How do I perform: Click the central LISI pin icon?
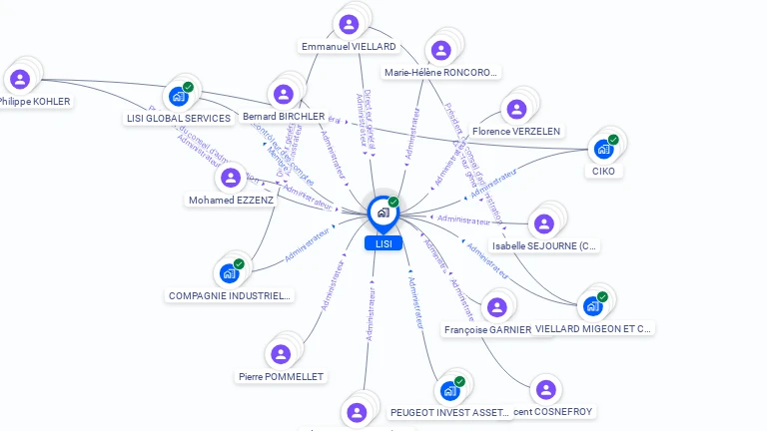pyautogui.click(x=383, y=213)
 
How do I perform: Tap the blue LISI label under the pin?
pyautogui.click(x=383, y=243)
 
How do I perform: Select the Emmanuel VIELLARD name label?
pyautogui.click(x=349, y=46)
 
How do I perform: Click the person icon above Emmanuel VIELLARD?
pyautogui.click(x=349, y=23)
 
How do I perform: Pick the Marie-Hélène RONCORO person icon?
pyautogui.click(x=439, y=49)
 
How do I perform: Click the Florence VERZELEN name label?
pyautogui.click(x=516, y=131)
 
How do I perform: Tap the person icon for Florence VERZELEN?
pyautogui.click(x=516, y=109)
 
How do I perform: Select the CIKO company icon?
pyautogui.click(x=603, y=149)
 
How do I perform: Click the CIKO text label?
pyautogui.click(x=603, y=171)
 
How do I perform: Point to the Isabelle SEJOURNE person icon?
pyautogui.click(x=544, y=223)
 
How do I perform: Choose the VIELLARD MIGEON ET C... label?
pyautogui.click(x=593, y=327)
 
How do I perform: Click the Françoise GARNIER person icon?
pyautogui.click(x=496, y=306)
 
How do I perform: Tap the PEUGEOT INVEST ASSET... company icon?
pyautogui.click(x=450, y=390)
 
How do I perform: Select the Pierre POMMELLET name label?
pyautogui.click(x=281, y=376)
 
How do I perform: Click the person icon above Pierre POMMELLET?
pyautogui.click(x=281, y=353)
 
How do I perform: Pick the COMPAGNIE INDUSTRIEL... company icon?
pyautogui.click(x=230, y=272)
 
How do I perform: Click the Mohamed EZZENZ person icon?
pyautogui.click(x=231, y=178)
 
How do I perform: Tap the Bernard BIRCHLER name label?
pyautogui.click(x=284, y=117)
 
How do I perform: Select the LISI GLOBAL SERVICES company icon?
pyautogui.click(x=179, y=96)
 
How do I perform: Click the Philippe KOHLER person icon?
pyautogui.click(x=20, y=79)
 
